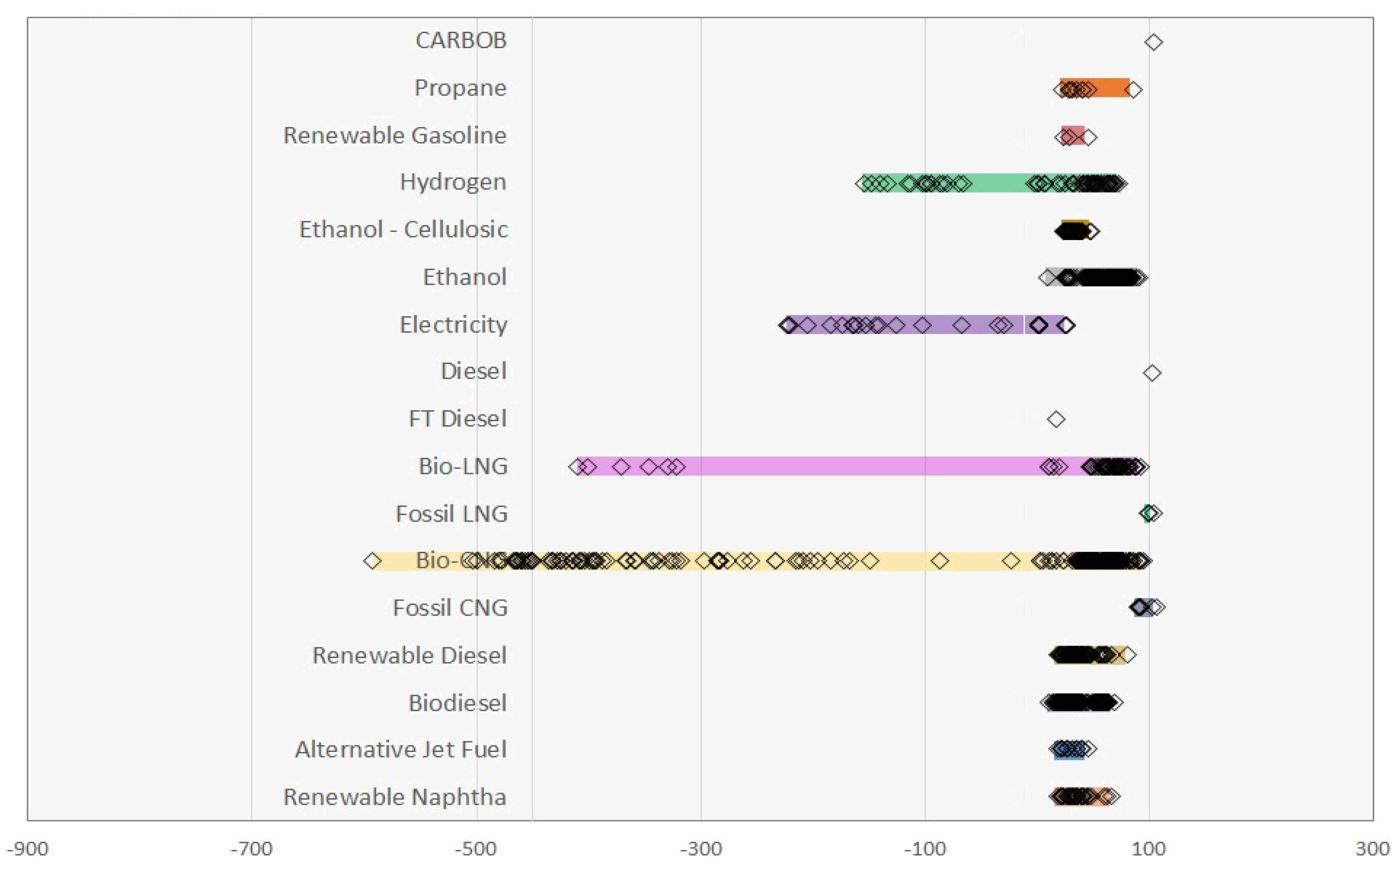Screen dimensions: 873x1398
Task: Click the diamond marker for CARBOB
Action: click(1153, 42)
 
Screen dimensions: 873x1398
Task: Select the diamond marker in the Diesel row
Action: click(1152, 373)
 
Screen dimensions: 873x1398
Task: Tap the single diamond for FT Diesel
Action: click(1056, 419)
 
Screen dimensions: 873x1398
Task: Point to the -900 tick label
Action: click(28, 849)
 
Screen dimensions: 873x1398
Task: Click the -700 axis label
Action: click(251, 849)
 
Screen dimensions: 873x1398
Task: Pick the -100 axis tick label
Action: click(925, 849)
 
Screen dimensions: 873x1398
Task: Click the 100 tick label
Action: click(1149, 849)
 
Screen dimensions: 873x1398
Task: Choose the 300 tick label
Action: click(1372, 849)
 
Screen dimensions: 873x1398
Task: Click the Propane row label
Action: click(460, 88)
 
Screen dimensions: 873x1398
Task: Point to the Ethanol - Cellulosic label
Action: click(403, 229)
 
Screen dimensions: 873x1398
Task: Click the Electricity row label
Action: click(453, 325)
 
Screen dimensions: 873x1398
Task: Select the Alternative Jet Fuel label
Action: click(400, 749)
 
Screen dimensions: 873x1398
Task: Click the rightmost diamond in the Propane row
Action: click(1134, 90)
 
